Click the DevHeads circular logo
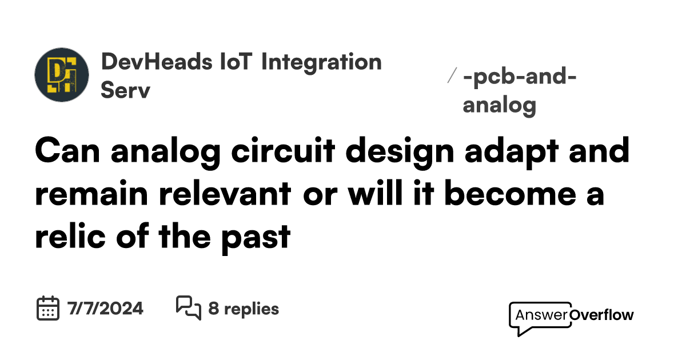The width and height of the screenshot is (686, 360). click(x=62, y=75)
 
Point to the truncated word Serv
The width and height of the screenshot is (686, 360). click(x=125, y=91)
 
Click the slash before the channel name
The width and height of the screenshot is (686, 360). click(x=452, y=75)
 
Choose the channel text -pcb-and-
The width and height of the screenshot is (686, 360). click(x=520, y=77)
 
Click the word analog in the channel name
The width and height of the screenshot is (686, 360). click(x=499, y=105)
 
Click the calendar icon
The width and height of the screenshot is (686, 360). click(x=48, y=309)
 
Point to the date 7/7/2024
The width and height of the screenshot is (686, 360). click(x=105, y=309)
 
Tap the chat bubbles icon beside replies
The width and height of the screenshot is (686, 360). click(x=188, y=309)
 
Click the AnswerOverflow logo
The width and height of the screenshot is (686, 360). click(x=571, y=315)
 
